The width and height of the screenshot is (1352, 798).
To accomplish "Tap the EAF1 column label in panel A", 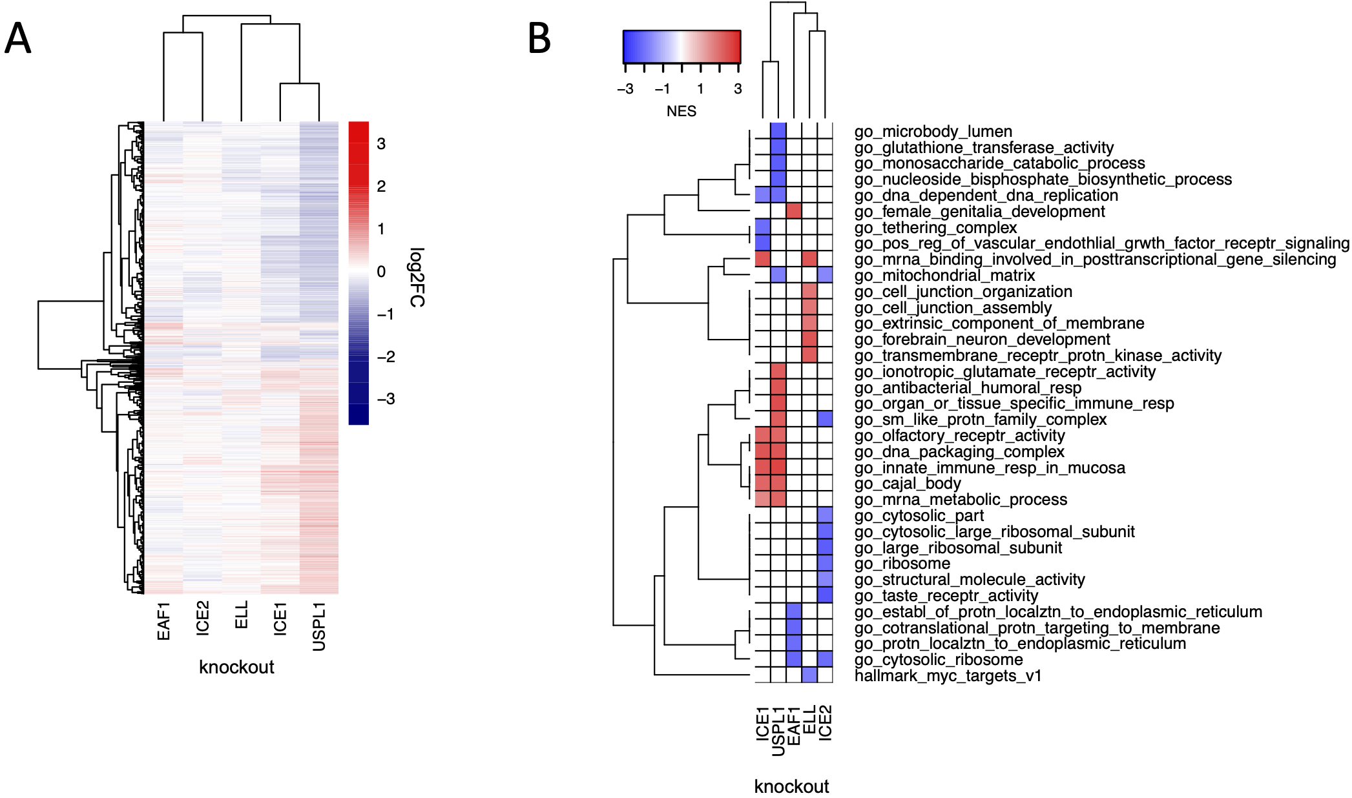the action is tap(163, 621).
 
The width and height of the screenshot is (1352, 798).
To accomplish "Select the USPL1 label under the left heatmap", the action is tap(318, 626).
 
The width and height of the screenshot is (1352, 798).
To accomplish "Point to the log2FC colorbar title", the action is tap(417, 277).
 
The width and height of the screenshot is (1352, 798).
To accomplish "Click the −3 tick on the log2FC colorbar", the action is tap(386, 399).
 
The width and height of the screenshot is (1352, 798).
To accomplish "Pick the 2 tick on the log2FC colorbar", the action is tap(381, 187).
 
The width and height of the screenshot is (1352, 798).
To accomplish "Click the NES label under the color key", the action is tap(681, 111).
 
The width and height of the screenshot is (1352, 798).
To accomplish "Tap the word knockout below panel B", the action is tap(791, 786).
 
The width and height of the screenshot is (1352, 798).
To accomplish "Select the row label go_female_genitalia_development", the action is tap(979, 212).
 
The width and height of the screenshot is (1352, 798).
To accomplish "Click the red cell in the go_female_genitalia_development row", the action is tap(794, 210).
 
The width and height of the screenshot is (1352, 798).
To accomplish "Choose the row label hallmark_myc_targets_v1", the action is tap(948, 676).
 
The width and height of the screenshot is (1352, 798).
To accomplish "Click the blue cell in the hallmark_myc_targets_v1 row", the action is tap(809, 675).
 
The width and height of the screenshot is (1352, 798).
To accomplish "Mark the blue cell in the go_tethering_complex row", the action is tap(763, 227).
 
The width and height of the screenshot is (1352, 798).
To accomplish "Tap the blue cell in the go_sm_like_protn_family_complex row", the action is tap(825, 419).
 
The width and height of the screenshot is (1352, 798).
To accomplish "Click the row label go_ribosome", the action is tap(902, 564).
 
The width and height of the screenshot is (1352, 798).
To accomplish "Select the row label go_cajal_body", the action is tap(908, 484).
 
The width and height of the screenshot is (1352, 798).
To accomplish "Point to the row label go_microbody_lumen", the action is tap(933, 132).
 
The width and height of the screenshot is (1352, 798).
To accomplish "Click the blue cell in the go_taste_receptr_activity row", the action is tap(825, 595).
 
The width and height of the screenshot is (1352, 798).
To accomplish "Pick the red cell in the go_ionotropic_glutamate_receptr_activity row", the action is tap(778, 371).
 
